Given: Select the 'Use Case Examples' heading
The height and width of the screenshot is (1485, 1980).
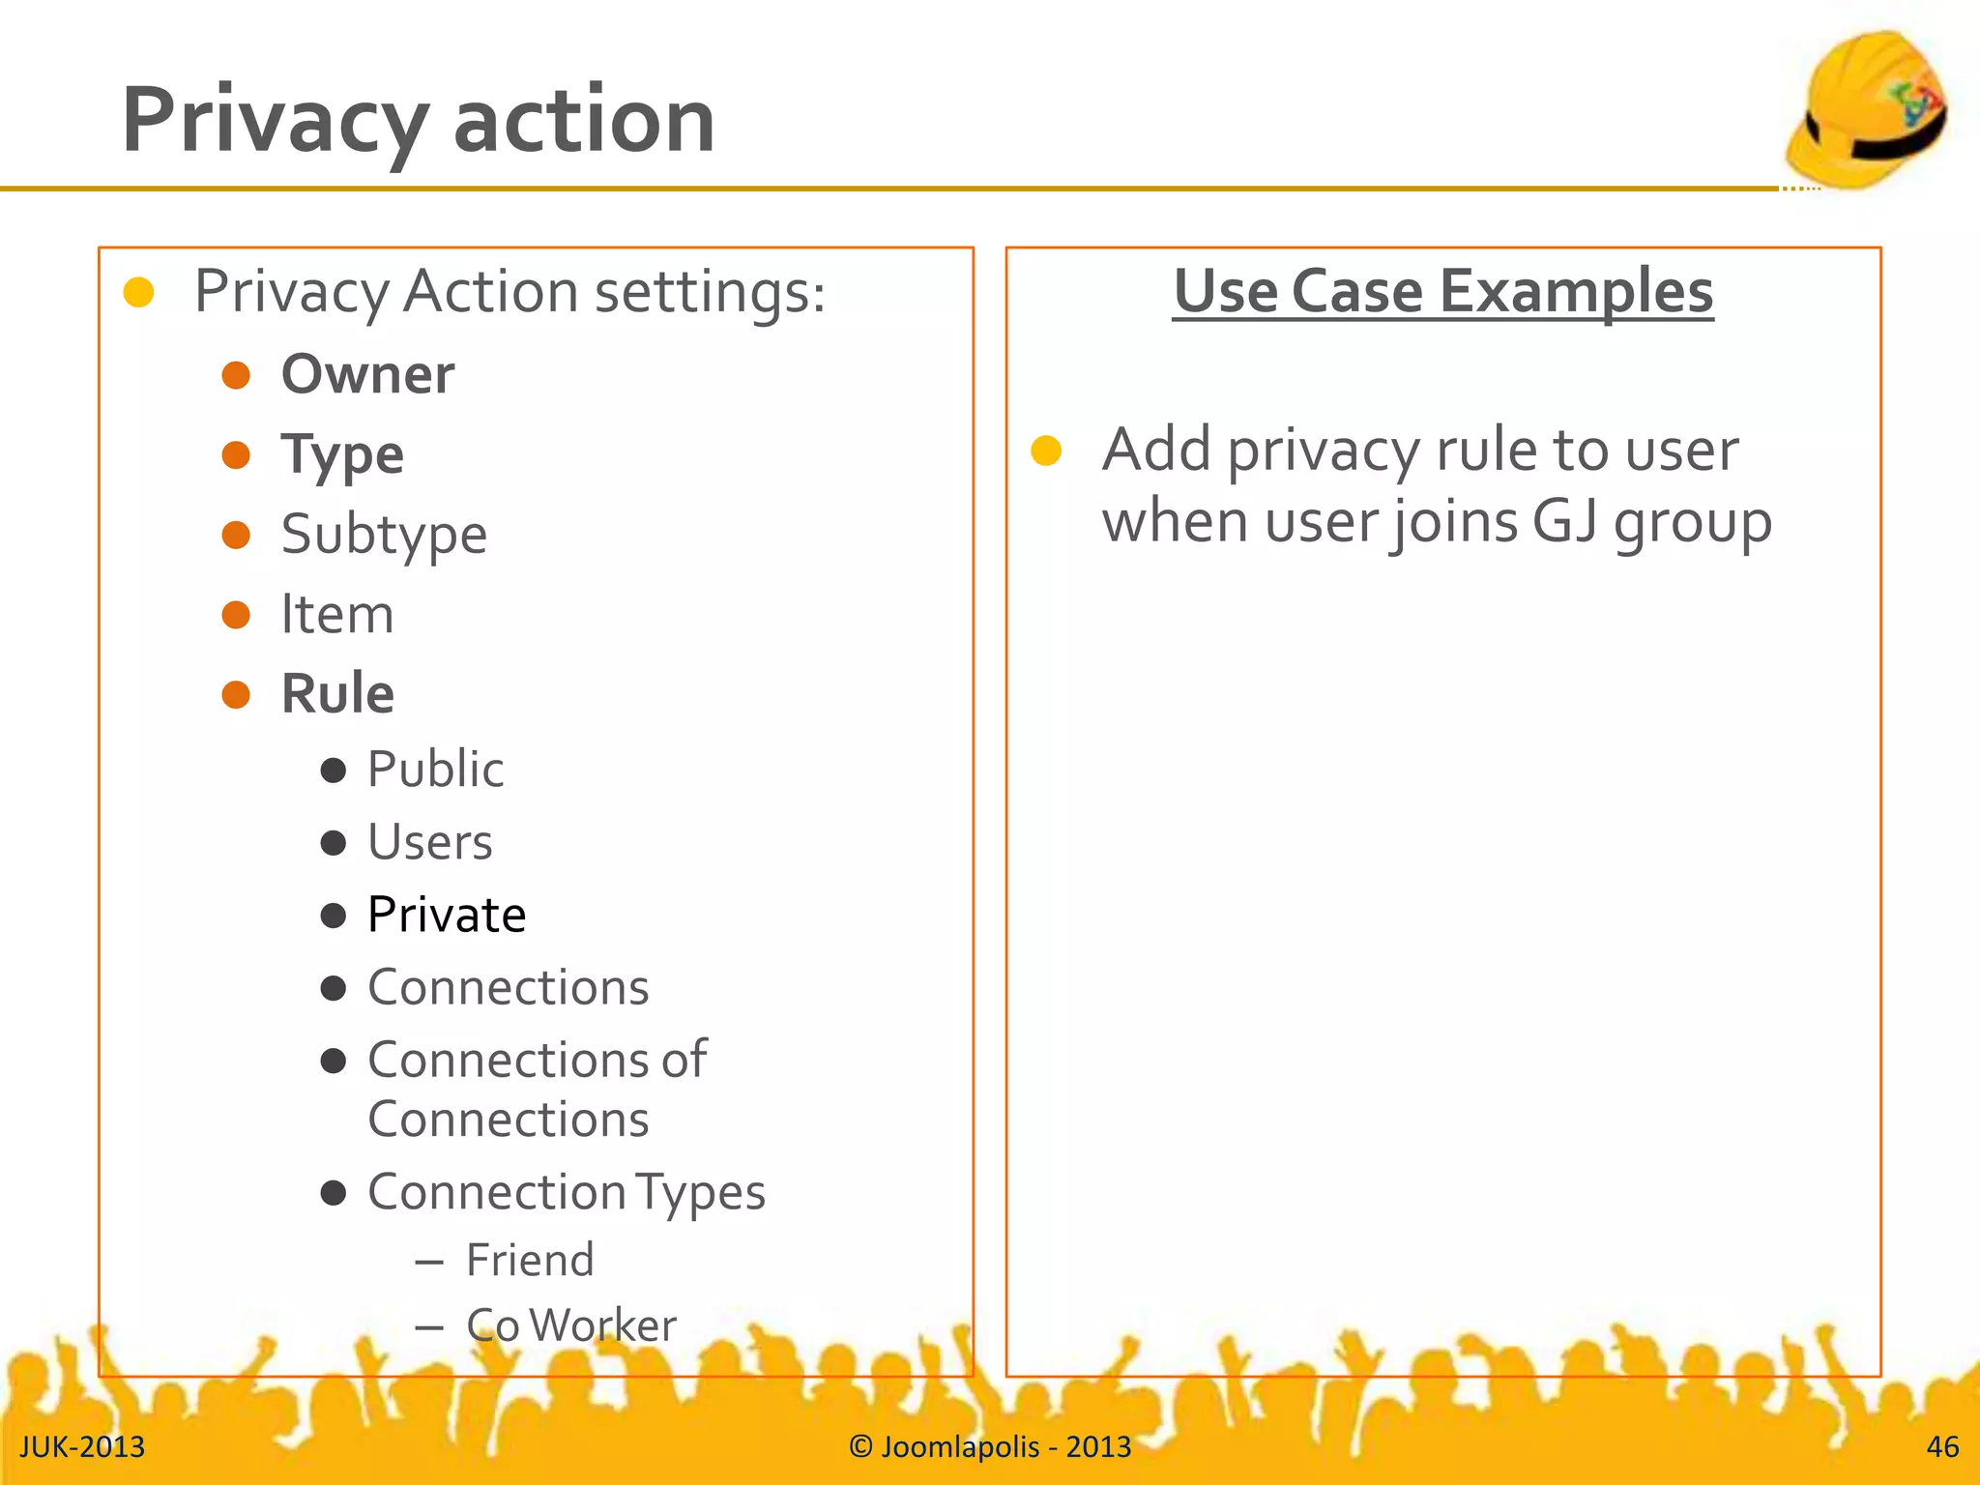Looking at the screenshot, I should click(1442, 291).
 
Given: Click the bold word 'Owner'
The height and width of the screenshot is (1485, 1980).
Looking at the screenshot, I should click(367, 374).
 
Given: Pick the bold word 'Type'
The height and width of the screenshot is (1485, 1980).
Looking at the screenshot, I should click(342, 455).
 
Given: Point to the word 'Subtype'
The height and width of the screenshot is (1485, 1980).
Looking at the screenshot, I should click(384, 535).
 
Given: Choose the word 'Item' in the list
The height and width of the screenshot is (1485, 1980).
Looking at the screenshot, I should click(337, 615).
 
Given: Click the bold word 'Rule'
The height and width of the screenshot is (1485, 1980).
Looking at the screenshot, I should click(337, 694).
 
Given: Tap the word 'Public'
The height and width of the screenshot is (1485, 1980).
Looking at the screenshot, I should click(435, 770).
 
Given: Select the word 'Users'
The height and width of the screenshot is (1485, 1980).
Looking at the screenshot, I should click(430, 842).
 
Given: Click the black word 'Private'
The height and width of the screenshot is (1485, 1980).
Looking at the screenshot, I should click(447, 915).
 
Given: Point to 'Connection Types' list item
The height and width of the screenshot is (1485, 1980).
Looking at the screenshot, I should click(567, 1192).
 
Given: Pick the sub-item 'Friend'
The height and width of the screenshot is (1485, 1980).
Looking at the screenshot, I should click(530, 1261).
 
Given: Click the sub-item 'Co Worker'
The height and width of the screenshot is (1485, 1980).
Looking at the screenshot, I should click(571, 1325).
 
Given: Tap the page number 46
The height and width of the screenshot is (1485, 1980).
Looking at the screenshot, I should click(1942, 1447).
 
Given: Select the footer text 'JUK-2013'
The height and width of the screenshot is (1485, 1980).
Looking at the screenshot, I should click(82, 1447).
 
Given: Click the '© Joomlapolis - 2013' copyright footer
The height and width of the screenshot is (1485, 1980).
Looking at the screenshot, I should click(990, 1447).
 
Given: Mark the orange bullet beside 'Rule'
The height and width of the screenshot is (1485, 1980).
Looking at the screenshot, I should click(236, 694).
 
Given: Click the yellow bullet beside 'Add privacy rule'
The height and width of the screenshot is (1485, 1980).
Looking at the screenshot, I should click(1046, 451).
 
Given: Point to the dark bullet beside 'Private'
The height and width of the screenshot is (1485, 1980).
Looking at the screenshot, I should click(334, 916).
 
